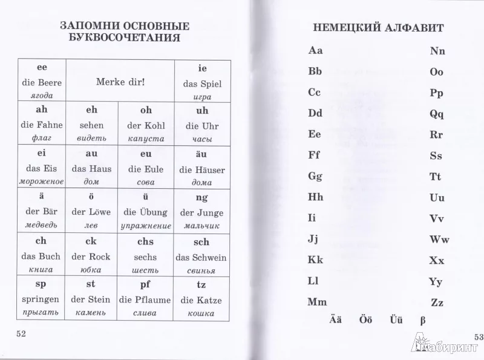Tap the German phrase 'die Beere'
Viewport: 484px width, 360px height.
(42, 82)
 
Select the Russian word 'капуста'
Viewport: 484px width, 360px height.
(146, 139)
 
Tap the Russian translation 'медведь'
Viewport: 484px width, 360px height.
(42, 226)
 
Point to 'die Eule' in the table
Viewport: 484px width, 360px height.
(146, 169)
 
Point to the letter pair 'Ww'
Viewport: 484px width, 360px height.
(439, 239)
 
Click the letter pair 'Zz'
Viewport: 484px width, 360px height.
(437, 303)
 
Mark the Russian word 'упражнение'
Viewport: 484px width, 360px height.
(146, 226)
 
